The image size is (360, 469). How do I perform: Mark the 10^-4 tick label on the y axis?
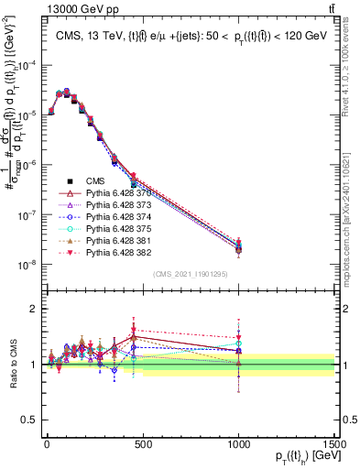(x=27, y=66)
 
